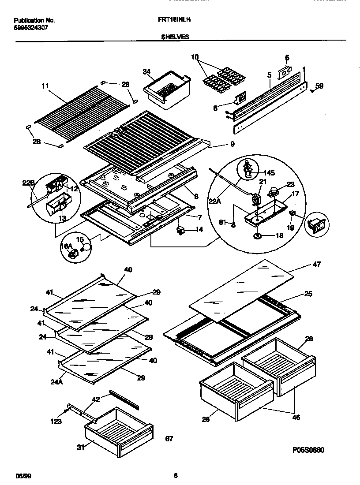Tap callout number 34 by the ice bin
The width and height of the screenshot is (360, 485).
(147, 71)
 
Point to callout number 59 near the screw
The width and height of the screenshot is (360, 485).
(319, 86)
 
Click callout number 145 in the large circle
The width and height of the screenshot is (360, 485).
(269, 173)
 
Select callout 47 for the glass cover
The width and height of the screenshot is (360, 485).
(316, 265)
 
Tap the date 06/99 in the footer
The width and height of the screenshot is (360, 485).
(23, 475)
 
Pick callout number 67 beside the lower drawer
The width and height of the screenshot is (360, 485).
(169, 439)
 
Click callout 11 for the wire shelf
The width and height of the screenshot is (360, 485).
(44, 86)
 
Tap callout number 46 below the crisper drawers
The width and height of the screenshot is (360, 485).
(296, 417)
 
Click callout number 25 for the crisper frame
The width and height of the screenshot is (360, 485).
(308, 294)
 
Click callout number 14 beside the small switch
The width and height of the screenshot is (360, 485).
(199, 230)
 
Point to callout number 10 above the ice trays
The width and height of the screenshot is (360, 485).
(195, 56)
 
